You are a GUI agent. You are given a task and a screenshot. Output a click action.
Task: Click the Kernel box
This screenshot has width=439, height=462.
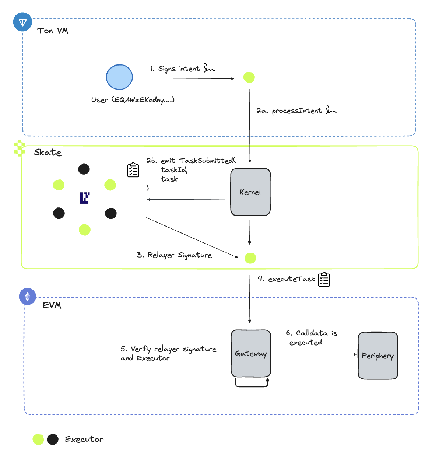(x=250, y=192)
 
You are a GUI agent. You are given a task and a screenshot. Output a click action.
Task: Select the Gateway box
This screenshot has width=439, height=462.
(x=251, y=353)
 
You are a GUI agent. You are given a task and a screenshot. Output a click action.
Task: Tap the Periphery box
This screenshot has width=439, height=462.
(x=378, y=356)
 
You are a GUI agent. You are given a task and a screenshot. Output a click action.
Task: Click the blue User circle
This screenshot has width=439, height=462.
(x=119, y=77)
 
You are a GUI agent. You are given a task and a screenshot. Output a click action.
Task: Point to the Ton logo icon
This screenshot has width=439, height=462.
(x=23, y=22)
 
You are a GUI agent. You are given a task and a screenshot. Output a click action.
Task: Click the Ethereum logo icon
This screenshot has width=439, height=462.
(x=28, y=297)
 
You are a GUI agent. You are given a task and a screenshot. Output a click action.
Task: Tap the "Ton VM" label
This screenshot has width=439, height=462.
(x=53, y=31)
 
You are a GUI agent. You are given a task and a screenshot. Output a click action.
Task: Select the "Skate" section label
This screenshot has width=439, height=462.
(x=48, y=153)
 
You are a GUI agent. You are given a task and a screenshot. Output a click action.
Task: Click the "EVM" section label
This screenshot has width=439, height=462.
(x=52, y=305)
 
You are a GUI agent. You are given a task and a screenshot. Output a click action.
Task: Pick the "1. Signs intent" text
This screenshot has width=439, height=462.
(x=175, y=69)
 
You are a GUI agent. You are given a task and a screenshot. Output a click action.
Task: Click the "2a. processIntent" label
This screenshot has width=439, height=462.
(x=289, y=111)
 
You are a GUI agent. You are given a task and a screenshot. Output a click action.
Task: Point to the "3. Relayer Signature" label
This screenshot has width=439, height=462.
(x=174, y=255)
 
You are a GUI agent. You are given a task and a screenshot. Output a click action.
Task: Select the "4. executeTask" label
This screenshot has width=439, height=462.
(x=286, y=279)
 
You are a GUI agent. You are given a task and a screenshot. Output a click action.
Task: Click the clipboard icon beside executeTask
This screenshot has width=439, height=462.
(x=324, y=279)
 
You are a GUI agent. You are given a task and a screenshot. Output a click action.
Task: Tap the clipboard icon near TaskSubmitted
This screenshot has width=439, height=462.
(x=133, y=170)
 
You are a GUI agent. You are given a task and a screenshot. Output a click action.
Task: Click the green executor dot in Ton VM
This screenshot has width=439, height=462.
(x=249, y=77)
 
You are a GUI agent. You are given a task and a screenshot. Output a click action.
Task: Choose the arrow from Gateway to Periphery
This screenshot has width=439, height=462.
(x=315, y=354)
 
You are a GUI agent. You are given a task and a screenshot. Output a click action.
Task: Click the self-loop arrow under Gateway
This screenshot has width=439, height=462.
(x=252, y=386)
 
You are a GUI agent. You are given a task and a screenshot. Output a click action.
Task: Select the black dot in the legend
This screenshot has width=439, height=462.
(x=53, y=439)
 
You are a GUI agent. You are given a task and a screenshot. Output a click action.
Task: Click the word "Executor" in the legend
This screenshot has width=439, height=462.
(x=84, y=439)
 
